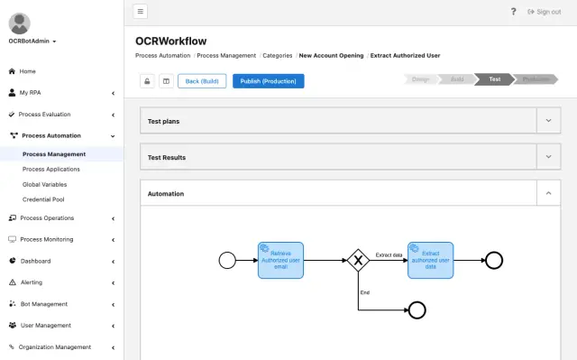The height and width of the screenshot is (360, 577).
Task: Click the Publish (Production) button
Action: (268, 81)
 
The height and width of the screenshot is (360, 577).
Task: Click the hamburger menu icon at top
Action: (141, 12)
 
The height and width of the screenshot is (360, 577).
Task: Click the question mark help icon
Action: (514, 12)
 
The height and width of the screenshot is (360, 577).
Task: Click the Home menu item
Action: (28, 71)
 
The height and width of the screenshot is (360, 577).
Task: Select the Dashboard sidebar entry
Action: (35, 261)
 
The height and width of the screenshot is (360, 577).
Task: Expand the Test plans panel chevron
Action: (548, 120)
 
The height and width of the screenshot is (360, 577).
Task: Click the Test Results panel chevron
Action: (548, 157)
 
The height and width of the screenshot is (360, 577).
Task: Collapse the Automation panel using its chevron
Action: (548, 193)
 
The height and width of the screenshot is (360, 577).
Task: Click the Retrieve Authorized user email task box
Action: (280, 260)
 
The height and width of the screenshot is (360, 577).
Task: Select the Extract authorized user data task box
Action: (430, 260)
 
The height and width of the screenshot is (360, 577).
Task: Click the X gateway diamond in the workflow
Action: (358, 261)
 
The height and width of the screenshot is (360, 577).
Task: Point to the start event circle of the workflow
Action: (227, 261)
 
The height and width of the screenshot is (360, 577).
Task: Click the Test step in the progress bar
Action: (494, 79)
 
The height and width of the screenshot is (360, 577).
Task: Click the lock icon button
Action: (147, 81)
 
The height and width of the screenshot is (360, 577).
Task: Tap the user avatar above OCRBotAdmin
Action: (19, 23)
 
